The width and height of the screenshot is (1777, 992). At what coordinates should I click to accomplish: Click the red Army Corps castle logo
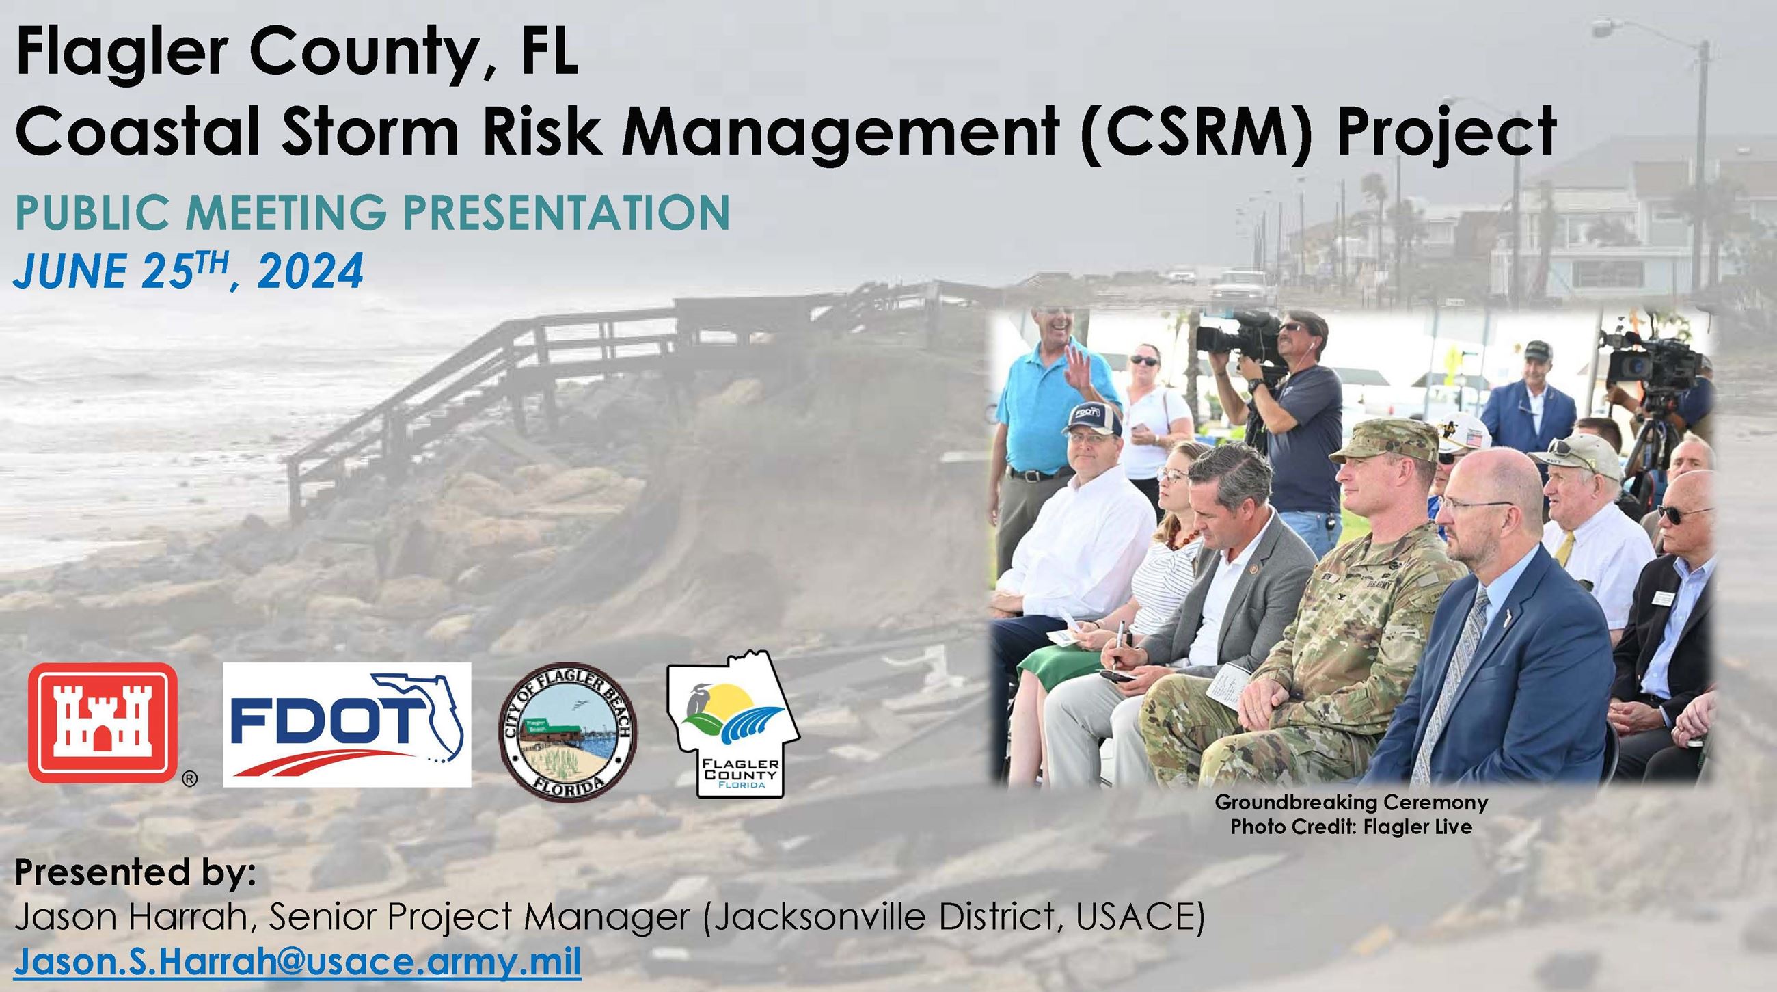(103, 723)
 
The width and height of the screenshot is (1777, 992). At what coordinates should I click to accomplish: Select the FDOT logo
(347, 725)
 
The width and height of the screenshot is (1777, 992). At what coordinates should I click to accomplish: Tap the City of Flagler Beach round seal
(568, 734)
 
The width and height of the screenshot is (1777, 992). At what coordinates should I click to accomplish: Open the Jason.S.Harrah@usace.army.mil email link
(298, 962)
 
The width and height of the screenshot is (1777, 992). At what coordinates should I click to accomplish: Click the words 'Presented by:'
(135, 873)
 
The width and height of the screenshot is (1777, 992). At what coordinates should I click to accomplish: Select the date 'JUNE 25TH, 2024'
(189, 271)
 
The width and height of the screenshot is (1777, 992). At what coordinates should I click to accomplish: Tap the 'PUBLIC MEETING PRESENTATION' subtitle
(372, 212)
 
